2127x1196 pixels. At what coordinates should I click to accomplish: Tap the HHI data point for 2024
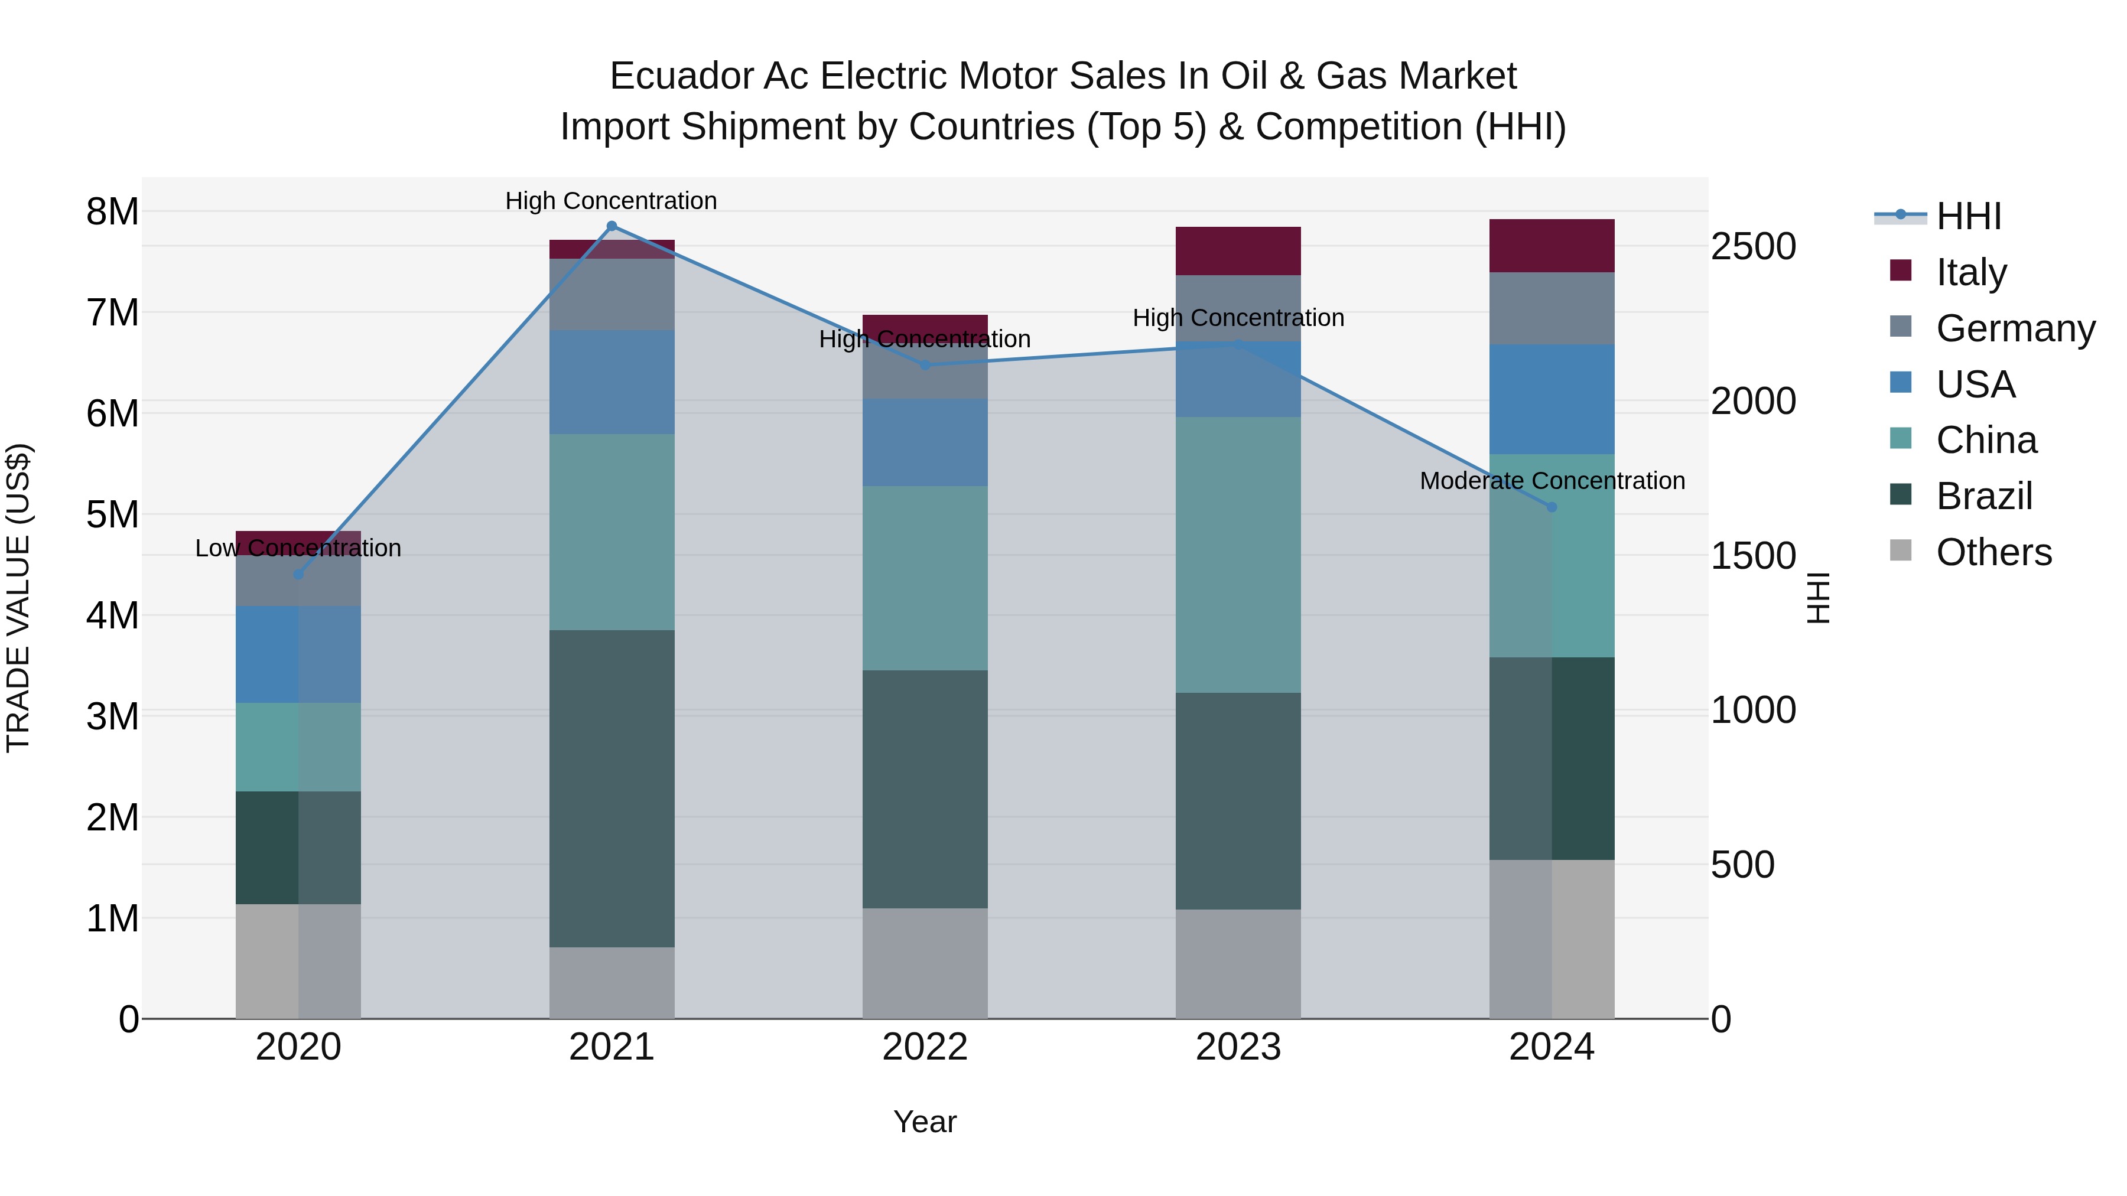[x=1552, y=507]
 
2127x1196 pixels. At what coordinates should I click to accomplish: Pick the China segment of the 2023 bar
[x=1238, y=555]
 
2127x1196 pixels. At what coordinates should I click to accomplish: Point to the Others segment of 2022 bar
[x=925, y=963]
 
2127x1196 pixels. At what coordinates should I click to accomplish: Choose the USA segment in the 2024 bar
[x=1552, y=399]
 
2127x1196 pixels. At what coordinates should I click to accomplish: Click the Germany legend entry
[x=2015, y=328]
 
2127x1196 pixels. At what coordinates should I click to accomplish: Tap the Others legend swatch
[x=1901, y=550]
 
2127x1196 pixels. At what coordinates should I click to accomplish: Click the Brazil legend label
[x=1984, y=496]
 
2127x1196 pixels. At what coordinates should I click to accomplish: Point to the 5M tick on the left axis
[x=113, y=514]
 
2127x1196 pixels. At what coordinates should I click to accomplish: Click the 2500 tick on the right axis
[x=1753, y=247]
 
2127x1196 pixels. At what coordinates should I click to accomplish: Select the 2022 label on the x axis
[x=925, y=1047]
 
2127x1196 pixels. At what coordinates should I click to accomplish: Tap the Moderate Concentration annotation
[x=1552, y=480]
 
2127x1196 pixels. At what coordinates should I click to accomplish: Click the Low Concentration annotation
[x=298, y=548]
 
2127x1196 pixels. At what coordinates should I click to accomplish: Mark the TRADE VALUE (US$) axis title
[x=19, y=598]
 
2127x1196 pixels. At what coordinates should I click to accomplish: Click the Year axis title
[x=925, y=1122]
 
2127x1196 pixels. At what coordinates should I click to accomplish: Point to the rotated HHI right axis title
[x=1817, y=598]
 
